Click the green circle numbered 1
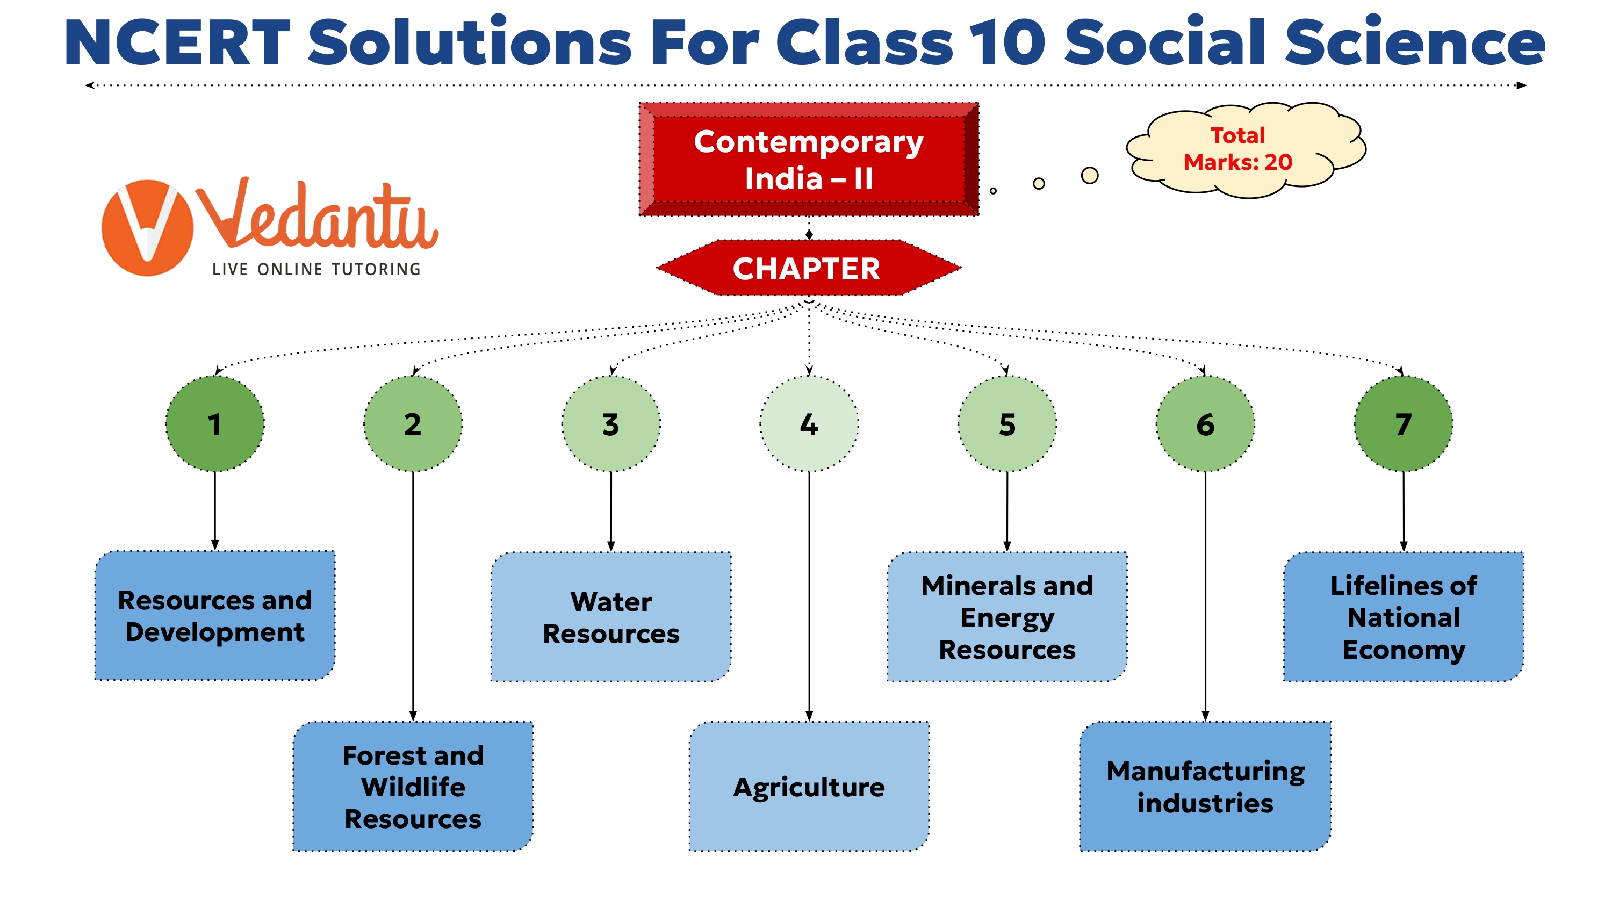(x=214, y=424)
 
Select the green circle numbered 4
(x=809, y=424)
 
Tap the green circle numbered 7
(x=1403, y=424)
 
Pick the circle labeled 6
(x=1205, y=424)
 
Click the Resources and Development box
(x=214, y=615)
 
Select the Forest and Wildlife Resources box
(x=413, y=786)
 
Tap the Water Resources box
(x=611, y=616)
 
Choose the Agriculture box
(x=809, y=786)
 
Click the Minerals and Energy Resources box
(x=1007, y=616)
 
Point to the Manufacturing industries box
(x=1205, y=786)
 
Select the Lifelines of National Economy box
(x=1403, y=616)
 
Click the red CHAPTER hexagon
(x=807, y=268)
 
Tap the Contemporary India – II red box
(x=809, y=160)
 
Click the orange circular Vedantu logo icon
(x=147, y=228)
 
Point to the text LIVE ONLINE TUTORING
(x=316, y=269)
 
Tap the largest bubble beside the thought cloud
(x=1090, y=175)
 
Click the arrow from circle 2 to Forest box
(x=413, y=595)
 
